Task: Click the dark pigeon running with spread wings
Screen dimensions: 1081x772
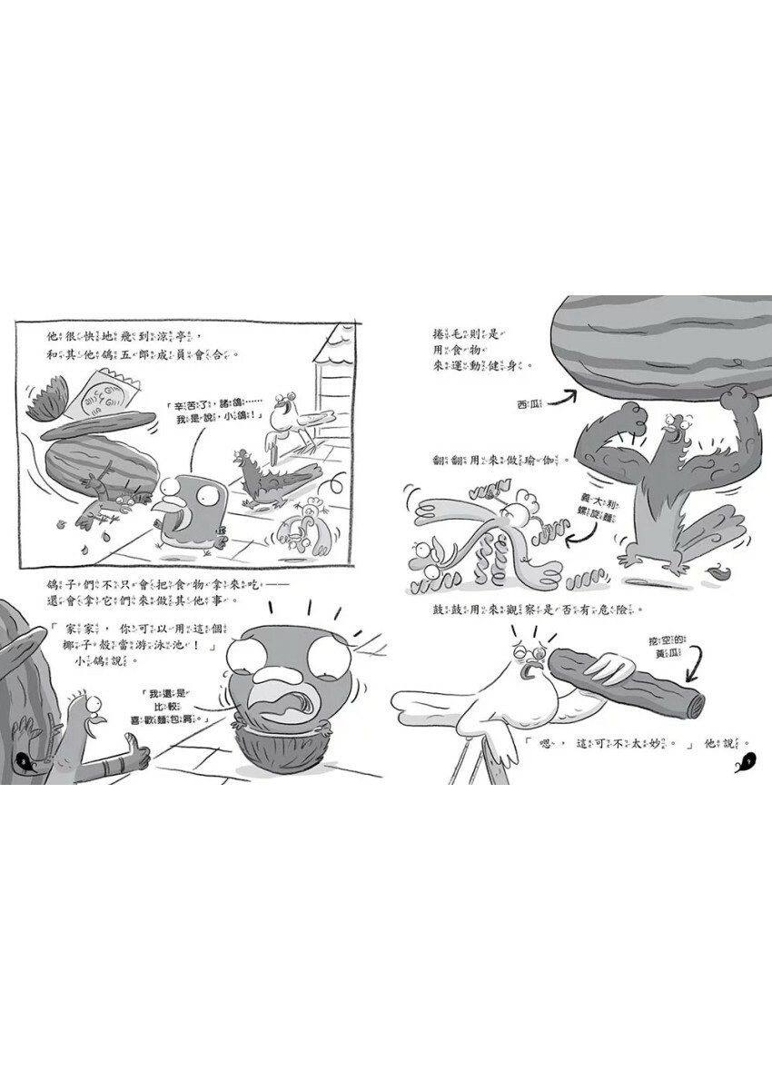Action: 268,481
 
